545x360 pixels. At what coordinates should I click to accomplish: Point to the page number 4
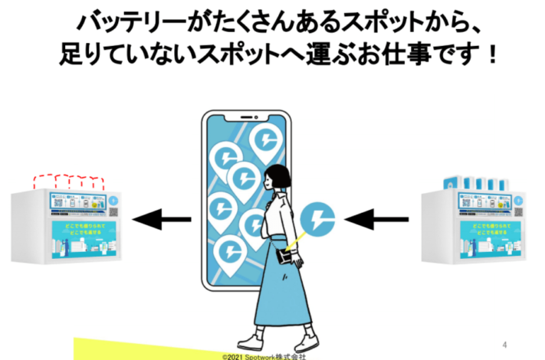(x=504, y=343)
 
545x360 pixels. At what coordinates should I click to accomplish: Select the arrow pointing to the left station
(x=162, y=221)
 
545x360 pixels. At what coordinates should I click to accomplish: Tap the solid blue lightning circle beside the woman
(x=317, y=218)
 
